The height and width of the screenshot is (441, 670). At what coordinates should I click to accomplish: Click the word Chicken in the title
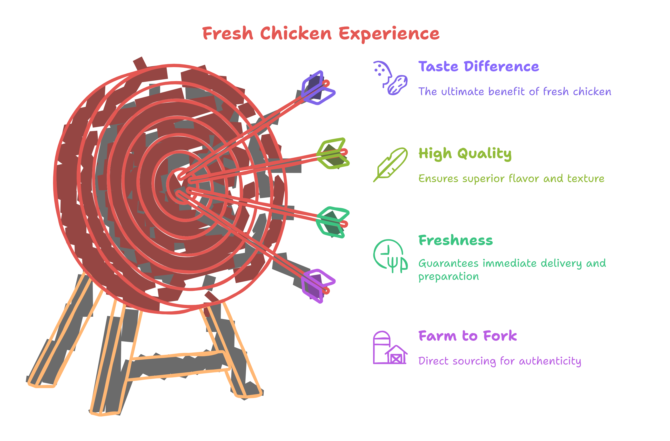295,34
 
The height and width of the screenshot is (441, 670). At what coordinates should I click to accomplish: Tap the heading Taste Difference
479,67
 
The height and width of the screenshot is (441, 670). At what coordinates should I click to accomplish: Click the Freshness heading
456,240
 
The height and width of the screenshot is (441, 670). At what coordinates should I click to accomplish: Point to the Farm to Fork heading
468,336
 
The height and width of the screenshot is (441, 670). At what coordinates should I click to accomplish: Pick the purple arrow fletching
317,285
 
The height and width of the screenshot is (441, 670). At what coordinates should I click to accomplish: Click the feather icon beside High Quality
391,164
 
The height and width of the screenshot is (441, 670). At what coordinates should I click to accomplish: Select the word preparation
449,277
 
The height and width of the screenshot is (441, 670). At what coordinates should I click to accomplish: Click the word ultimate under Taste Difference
463,92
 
